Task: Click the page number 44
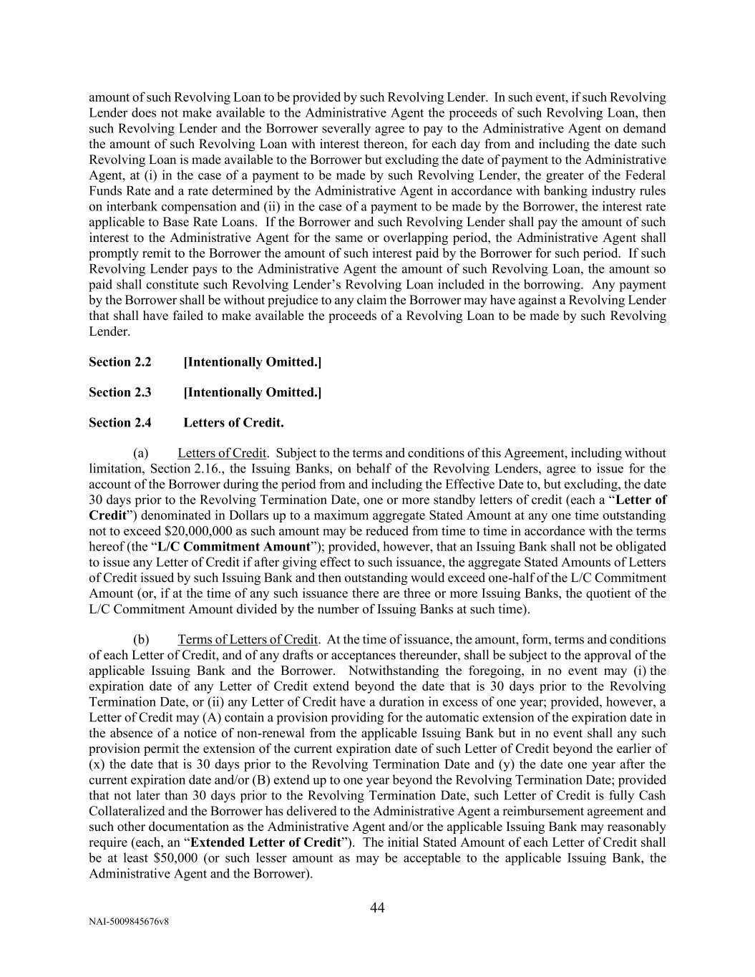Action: click(377, 908)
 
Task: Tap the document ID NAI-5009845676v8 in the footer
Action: click(129, 922)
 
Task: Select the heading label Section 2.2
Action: click(120, 362)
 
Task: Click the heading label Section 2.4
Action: click(120, 423)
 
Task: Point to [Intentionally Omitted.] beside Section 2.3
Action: click(253, 392)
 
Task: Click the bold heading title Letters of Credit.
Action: click(233, 423)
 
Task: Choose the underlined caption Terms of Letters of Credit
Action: click(248, 639)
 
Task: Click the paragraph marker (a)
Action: click(141, 453)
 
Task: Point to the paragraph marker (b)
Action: click(141, 639)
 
